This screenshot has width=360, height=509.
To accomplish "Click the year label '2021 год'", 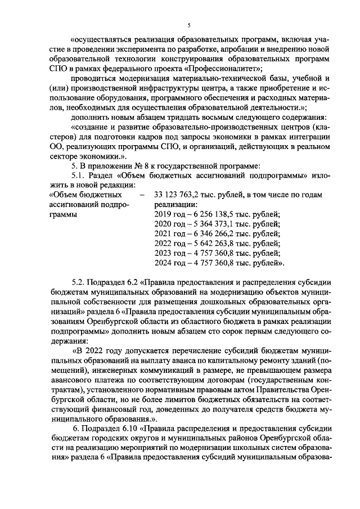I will [169, 235].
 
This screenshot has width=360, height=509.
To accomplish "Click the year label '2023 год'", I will [169, 255].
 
